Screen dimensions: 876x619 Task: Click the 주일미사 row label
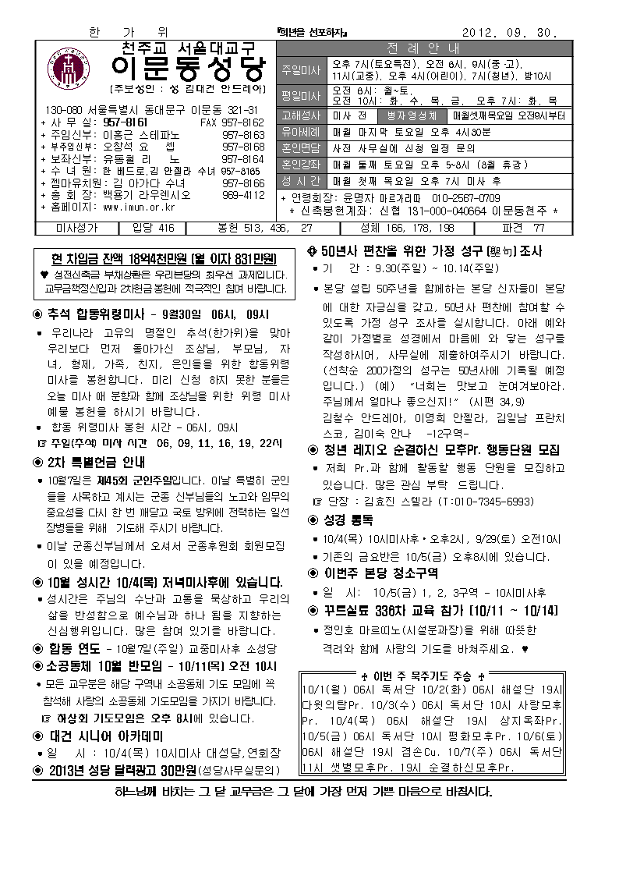click(301, 69)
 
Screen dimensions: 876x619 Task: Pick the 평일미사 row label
click(301, 96)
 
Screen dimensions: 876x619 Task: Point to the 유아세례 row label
click(301, 131)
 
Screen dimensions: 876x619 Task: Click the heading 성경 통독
click(336, 520)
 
